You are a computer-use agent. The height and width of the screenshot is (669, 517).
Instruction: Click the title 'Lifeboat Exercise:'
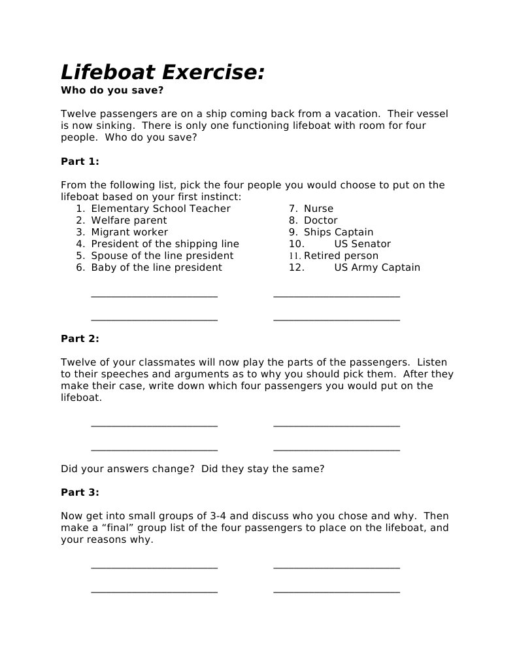click(x=163, y=71)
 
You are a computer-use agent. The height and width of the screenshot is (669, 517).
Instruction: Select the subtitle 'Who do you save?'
click(x=112, y=90)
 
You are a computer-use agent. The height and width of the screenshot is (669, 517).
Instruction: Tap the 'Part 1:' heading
click(x=80, y=161)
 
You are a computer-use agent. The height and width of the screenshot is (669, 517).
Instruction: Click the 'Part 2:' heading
click(x=80, y=338)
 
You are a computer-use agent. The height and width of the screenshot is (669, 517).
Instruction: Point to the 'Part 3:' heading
click(x=80, y=492)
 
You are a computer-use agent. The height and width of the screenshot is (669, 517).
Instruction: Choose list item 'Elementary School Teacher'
click(x=161, y=209)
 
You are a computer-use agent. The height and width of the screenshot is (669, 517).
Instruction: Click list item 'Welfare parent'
click(x=129, y=220)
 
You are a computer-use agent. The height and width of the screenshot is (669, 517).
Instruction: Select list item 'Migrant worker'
click(x=129, y=232)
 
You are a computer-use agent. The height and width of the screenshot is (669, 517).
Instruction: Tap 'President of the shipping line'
click(x=165, y=244)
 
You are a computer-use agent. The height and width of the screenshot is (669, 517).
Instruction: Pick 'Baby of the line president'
click(x=156, y=267)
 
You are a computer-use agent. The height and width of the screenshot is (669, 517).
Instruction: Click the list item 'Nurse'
click(x=318, y=209)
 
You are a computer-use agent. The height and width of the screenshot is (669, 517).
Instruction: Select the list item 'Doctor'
click(x=320, y=220)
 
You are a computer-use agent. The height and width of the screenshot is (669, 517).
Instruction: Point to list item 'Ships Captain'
click(x=339, y=232)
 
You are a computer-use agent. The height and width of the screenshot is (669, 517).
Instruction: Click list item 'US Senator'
click(x=362, y=244)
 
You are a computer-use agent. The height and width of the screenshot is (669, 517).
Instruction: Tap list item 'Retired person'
click(x=341, y=256)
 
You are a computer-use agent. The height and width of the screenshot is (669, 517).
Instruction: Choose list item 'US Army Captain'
click(x=377, y=267)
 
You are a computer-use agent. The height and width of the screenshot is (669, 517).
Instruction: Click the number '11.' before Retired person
click(x=295, y=256)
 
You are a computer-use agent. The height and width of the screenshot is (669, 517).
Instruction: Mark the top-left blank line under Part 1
click(x=154, y=296)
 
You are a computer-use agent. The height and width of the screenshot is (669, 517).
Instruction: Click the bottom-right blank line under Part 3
click(x=337, y=592)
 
